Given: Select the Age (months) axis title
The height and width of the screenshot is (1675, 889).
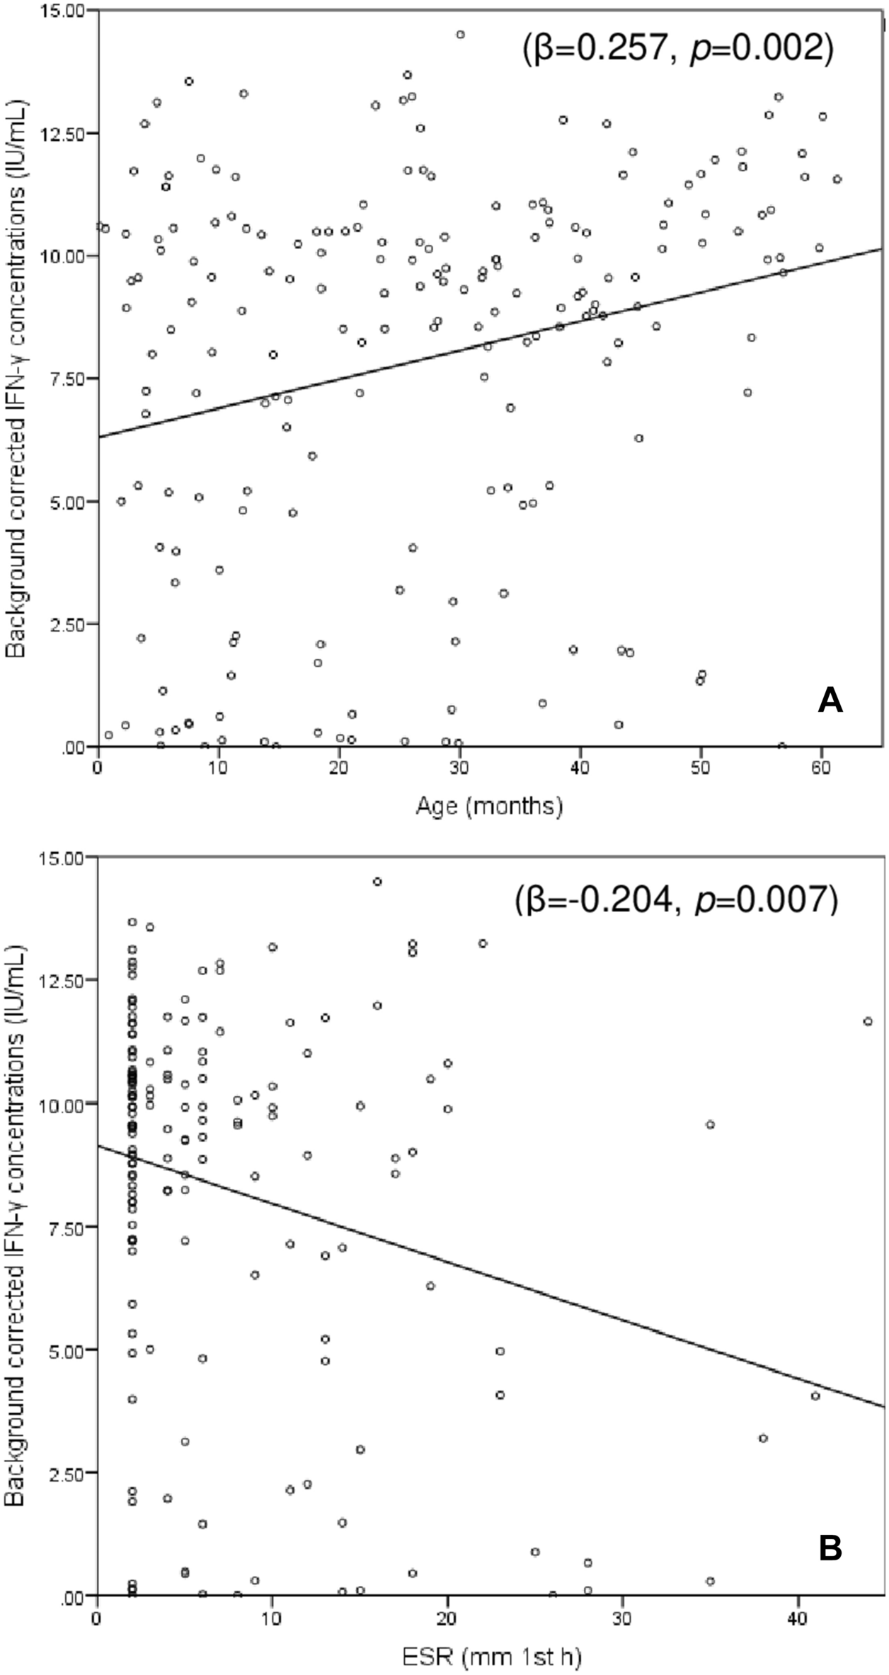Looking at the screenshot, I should pyautogui.click(x=489, y=806).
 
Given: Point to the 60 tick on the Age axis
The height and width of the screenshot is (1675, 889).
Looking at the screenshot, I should pyautogui.click(x=820, y=768).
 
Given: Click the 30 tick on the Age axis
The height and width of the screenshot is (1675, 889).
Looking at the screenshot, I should pyautogui.click(x=459, y=768).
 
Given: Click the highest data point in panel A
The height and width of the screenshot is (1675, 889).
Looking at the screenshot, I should pyautogui.click(x=460, y=35).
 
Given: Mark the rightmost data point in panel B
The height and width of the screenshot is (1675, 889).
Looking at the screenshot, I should pyautogui.click(x=868, y=1021).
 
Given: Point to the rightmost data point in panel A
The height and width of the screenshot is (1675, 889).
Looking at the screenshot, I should pyautogui.click(x=837, y=180).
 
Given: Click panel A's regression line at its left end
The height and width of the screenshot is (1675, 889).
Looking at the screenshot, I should pyautogui.click(x=101, y=437).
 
